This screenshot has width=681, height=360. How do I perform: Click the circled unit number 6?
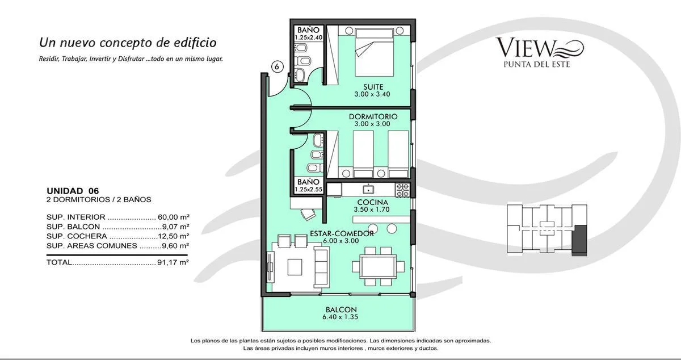(277, 66)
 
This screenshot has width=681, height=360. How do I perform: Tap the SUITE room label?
(373, 87)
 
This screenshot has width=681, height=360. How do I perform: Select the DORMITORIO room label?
(373, 116)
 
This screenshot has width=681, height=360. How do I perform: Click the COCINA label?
(372, 202)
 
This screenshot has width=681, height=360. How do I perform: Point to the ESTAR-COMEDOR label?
(342, 233)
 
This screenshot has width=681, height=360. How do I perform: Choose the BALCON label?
(341, 309)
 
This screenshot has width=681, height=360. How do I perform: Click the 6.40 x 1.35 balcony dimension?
(340, 317)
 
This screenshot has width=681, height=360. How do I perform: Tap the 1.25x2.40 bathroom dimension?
(309, 37)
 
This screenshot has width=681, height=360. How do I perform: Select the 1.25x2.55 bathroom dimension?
(309, 189)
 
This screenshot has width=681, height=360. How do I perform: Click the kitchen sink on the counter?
(368, 189)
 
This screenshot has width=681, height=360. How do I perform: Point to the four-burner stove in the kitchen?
(402, 190)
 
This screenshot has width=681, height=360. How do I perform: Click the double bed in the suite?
(374, 51)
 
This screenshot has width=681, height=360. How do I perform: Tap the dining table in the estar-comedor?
(378, 266)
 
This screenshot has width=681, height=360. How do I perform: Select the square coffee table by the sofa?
(295, 267)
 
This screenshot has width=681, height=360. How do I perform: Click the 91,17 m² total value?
(173, 262)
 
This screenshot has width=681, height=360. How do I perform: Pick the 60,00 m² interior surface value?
(174, 217)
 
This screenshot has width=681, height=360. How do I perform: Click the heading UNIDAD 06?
(73, 191)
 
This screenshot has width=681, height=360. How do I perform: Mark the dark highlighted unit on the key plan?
(579, 240)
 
